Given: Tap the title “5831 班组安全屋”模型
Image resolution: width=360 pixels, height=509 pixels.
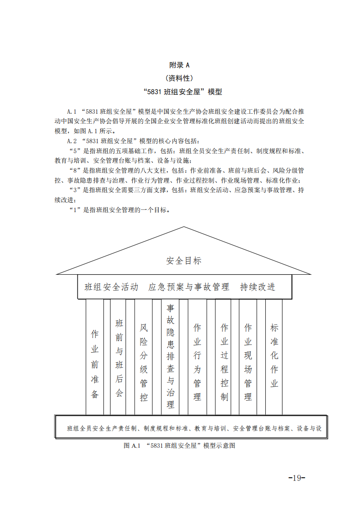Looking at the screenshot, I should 183,92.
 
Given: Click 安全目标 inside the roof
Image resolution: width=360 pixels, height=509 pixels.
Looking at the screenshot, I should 184,261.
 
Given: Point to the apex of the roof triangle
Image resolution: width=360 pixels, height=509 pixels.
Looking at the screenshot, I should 184,227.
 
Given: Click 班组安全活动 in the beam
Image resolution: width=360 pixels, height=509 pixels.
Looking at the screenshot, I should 112,287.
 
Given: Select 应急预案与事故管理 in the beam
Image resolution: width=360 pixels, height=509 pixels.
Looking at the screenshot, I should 189,287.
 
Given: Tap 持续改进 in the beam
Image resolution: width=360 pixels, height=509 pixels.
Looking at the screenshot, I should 258,287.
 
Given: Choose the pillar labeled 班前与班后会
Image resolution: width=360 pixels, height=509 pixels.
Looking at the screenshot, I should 119,358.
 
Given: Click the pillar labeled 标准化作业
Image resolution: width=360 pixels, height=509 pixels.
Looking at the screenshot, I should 274,356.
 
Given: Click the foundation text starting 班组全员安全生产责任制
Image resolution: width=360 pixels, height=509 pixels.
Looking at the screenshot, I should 194,428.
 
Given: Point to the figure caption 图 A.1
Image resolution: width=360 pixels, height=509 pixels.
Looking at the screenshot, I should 179,446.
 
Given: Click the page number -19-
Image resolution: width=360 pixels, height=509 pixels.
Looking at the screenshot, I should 297,478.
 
